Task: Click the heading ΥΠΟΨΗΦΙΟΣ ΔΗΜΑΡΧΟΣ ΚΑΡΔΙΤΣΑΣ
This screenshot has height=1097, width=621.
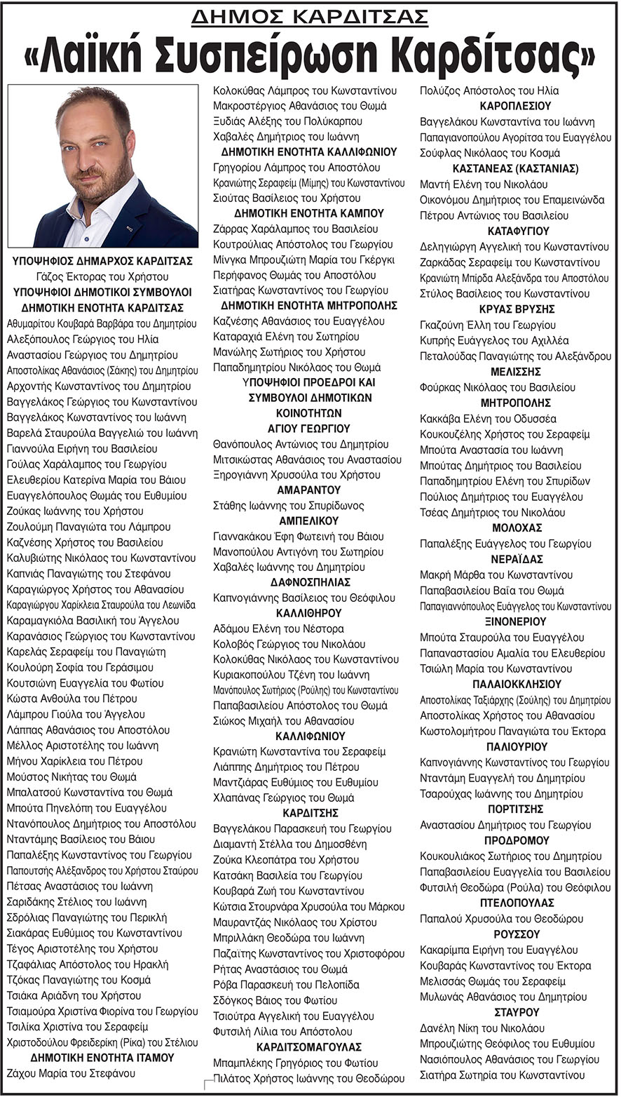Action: coord(102,261)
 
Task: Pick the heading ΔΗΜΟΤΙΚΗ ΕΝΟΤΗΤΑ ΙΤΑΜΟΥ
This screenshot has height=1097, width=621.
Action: coord(102,1057)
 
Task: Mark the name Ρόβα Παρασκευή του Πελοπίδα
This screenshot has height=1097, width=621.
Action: coord(287,984)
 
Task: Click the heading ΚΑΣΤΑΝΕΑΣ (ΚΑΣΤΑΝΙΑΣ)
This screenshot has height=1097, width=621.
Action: coord(515,168)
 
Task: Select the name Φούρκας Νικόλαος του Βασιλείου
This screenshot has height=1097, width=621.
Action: coord(498,387)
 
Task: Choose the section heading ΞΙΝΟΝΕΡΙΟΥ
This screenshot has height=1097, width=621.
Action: coord(515,621)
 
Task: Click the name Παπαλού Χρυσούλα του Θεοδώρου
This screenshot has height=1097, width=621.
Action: coord(502,918)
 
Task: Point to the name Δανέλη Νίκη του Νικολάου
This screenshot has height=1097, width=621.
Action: coord(482,1028)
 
